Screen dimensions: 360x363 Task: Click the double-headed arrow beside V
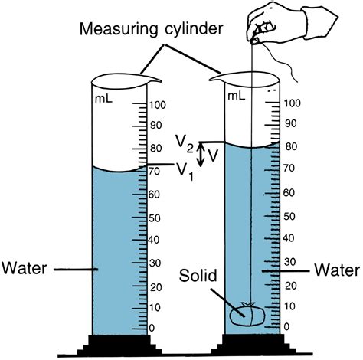point(201,155)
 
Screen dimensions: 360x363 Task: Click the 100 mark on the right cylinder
point(292,103)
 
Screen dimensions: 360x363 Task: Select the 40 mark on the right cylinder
point(289,240)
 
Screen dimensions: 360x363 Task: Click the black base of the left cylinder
point(119,346)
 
